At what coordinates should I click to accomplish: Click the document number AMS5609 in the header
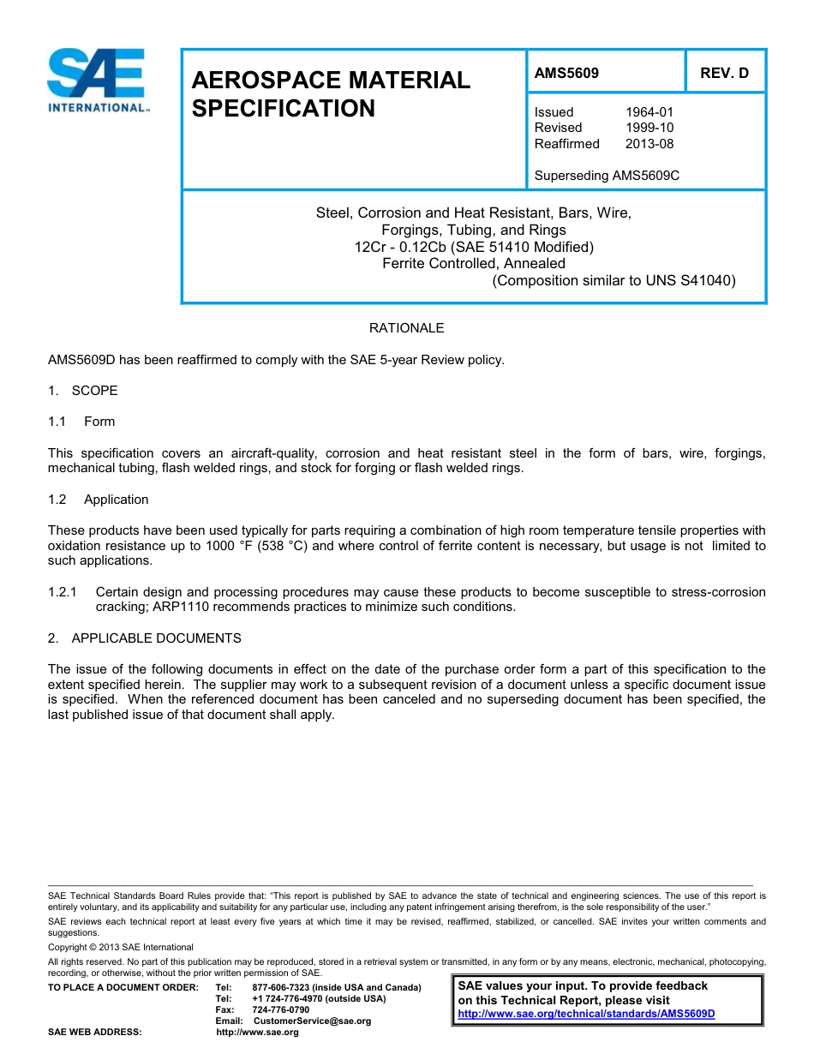[x=566, y=73]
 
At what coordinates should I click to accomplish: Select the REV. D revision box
[x=724, y=73]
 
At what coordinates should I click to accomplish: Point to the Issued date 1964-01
[x=649, y=112]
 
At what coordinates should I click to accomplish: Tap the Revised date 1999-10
[x=649, y=128]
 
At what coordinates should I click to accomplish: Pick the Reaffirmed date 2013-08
[x=649, y=144]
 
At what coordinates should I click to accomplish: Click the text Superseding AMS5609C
[x=607, y=176]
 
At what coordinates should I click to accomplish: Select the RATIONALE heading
[x=406, y=328]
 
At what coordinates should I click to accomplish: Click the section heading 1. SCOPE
[x=83, y=391]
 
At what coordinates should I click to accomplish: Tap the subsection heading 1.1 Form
[x=82, y=422]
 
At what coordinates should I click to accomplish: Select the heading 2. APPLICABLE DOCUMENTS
[x=145, y=638]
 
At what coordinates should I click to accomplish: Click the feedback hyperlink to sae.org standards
[x=586, y=1014]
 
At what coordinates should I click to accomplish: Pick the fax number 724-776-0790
[x=280, y=1009]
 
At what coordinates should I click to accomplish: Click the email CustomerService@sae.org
[x=312, y=1021]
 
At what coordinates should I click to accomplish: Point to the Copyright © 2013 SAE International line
[x=121, y=947]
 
